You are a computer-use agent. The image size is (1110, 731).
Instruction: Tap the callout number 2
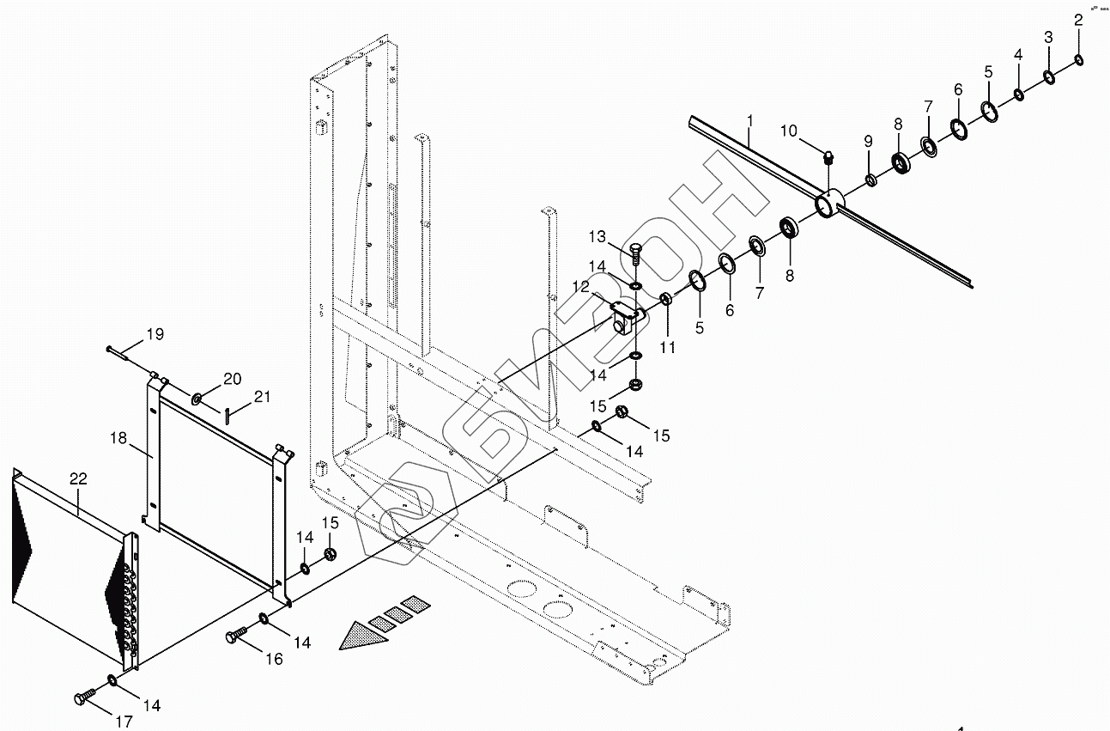(x=1078, y=21)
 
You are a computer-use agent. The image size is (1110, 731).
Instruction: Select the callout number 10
(x=789, y=131)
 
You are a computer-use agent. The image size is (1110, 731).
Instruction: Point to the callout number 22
(x=78, y=479)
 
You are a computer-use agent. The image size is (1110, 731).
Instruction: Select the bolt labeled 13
(x=635, y=254)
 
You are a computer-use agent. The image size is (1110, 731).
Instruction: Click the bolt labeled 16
(x=235, y=636)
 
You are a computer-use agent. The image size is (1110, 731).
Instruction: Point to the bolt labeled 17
(x=83, y=697)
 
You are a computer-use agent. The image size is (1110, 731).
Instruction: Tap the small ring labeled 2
(x=1078, y=59)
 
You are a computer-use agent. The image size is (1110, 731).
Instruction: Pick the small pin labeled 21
(x=225, y=416)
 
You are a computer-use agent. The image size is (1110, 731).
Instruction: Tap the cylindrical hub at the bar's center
(x=828, y=204)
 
